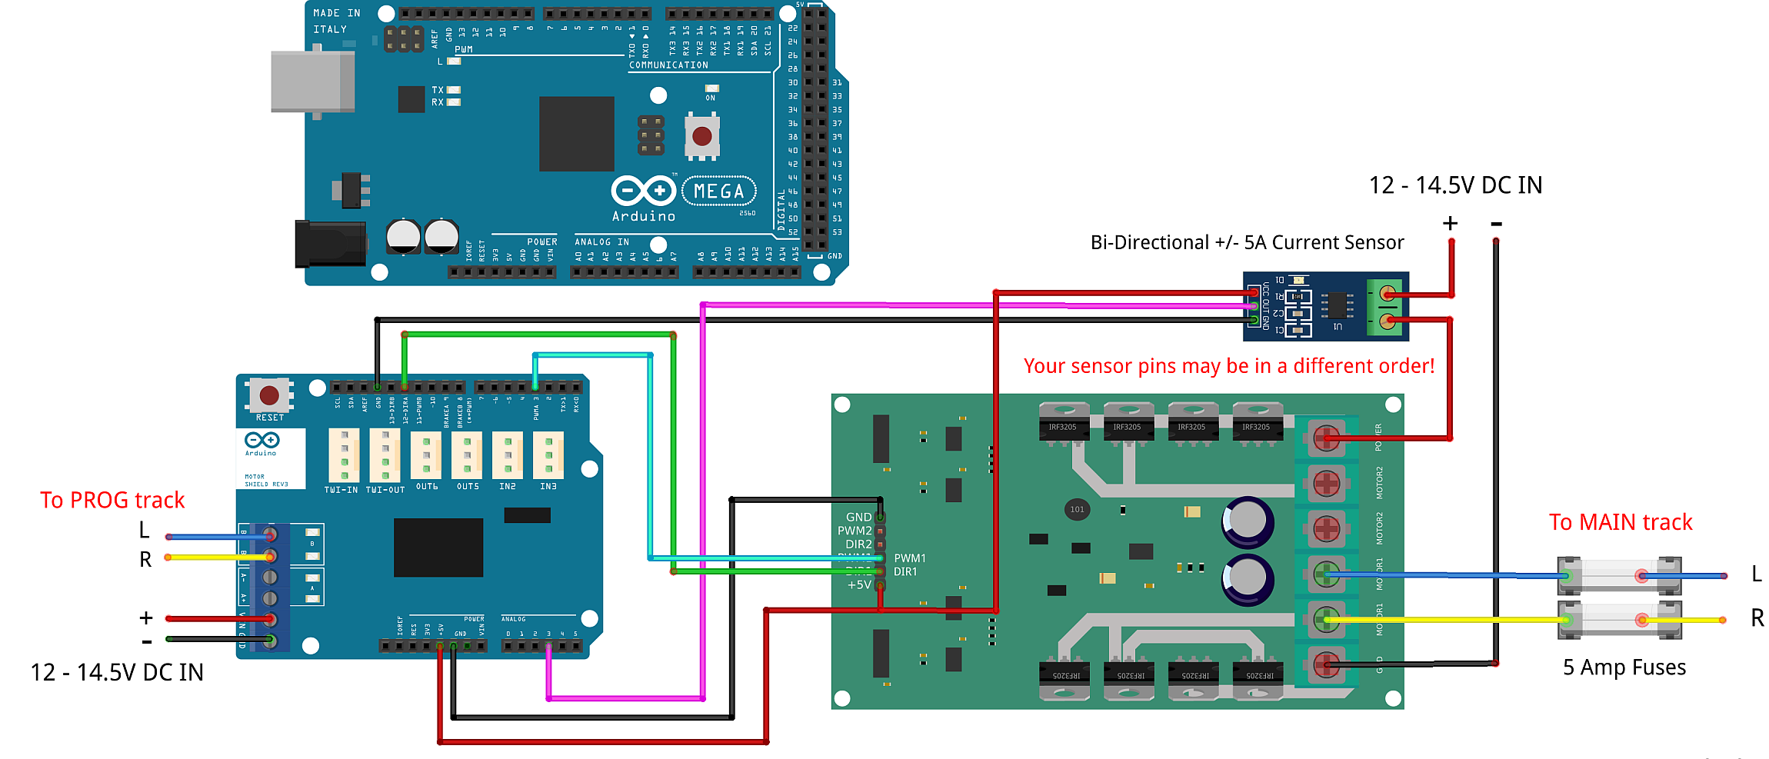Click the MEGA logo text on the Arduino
(718, 191)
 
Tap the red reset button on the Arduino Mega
(701, 136)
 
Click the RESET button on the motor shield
(269, 396)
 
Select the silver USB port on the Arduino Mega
(312, 82)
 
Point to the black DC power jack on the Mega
(330, 244)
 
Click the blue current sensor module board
(1325, 306)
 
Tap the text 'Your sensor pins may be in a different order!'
(1228, 366)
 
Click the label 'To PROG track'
(112, 501)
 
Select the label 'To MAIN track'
(1620, 523)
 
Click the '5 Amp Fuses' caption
(1624, 667)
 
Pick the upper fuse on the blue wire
(1618, 575)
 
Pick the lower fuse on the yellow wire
(1618, 620)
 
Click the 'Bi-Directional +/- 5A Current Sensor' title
(1247, 243)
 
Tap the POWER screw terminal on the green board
(1326, 439)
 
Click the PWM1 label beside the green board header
(910, 558)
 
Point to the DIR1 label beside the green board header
(905, 572)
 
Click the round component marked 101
(1077, 509)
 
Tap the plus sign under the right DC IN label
(1450, 224)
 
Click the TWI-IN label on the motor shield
(341, 490)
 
